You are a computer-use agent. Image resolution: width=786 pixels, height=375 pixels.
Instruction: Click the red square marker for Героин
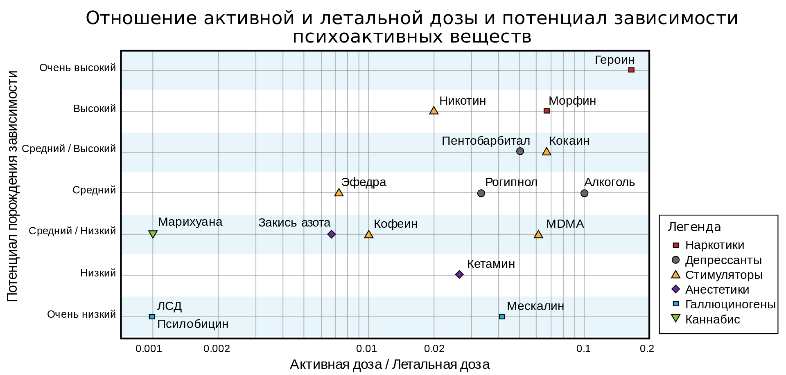[631, 70]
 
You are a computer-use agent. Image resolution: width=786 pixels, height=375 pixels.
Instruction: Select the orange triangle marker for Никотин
[434, 110]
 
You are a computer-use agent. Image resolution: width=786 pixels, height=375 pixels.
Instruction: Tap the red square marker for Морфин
[547, 111]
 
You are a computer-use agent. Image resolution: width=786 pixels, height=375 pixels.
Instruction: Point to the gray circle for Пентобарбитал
[520, 151]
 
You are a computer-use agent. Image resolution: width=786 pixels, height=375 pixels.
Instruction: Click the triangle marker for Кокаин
[547, 151]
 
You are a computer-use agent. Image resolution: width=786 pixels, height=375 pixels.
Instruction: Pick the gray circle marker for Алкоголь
[584, 193]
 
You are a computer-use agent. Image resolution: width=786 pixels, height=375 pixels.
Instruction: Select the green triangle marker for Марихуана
[153, 234]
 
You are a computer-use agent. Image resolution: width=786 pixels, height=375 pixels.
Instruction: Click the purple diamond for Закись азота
[332, 234]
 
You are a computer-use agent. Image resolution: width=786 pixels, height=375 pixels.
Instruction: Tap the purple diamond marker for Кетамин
[459, 274]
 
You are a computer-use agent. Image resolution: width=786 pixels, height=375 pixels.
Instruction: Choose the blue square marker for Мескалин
[502, 317]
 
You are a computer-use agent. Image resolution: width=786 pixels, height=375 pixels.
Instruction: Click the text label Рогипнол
[511, 182]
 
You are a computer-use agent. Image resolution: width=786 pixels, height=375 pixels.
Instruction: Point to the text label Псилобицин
[193, 324]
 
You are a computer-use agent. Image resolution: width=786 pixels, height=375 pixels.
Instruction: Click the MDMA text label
[565, 224]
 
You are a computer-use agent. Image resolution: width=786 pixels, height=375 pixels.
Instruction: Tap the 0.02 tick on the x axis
[434, 349]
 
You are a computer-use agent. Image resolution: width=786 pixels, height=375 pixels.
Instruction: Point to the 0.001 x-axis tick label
[149, 349]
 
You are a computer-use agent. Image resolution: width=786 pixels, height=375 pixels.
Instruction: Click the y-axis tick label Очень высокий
[78, 68]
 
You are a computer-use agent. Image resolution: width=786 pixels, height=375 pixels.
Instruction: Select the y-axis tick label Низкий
[98, 273]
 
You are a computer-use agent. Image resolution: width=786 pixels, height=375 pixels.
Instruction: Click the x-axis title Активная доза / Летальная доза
[390, 364]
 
